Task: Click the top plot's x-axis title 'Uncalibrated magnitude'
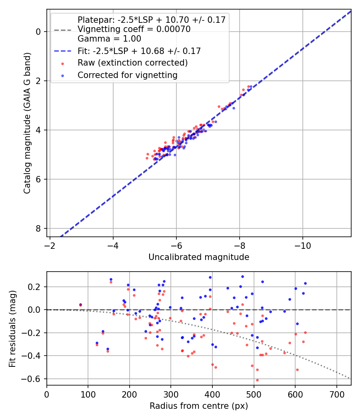[x=199, y=257]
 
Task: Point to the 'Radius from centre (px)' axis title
[x=199, y=406]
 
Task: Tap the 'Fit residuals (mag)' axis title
[x=13, y=328]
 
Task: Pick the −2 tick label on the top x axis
[x=50, y=244]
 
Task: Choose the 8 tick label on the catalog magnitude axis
[x=39, y=228]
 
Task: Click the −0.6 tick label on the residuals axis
[x=34, y=379]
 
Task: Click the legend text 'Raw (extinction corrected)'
[x=133, y=63]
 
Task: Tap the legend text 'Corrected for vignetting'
[x=128, y=75]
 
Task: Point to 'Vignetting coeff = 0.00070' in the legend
[x=134, y=29]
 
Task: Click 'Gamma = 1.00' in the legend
[x=109, y=39]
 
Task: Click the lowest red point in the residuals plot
[x=257, y=380]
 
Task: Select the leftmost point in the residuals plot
[x=80, y=304]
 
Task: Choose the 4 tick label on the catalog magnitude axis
[x=39, y=130]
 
